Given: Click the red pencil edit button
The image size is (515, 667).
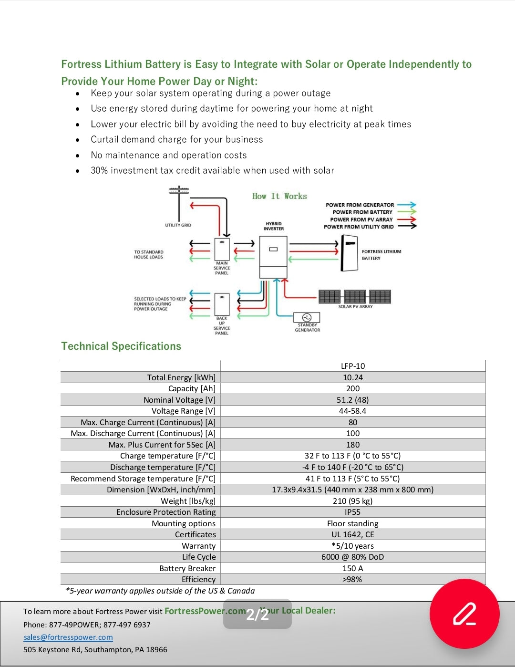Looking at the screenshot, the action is coord(464,614).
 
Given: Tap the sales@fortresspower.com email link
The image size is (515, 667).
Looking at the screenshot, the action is coord(68,637).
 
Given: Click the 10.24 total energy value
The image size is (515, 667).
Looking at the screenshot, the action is coord(353,377).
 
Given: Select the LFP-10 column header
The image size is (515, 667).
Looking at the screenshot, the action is coord(353,366).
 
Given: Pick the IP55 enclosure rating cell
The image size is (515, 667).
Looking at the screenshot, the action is coord(352,512).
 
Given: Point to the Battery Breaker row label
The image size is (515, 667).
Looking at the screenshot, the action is coord(187,568).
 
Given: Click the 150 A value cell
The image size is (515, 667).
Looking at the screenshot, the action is coord(353,568).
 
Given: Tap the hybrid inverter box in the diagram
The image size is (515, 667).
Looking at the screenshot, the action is coord(273,257).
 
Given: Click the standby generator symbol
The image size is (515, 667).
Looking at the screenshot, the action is coord(307,317).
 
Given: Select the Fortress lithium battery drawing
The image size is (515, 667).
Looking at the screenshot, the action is coord(350,253).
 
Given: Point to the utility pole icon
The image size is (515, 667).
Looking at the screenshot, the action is coord(179,203).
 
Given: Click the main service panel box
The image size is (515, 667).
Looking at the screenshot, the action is coord(222,249).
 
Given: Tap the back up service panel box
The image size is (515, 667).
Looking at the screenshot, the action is coord(222,304).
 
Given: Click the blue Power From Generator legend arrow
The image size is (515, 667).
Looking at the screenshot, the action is coord(406,204).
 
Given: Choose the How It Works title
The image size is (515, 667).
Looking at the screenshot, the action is coord(279,196).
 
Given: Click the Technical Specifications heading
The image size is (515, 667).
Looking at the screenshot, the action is coord(121,346).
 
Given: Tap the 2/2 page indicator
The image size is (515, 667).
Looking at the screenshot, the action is coord(257,614).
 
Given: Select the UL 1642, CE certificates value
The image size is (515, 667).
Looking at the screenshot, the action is coord(353,534).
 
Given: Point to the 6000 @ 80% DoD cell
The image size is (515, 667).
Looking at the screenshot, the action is coord(353,557).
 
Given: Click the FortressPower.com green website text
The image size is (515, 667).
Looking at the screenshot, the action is coord(205,611).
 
